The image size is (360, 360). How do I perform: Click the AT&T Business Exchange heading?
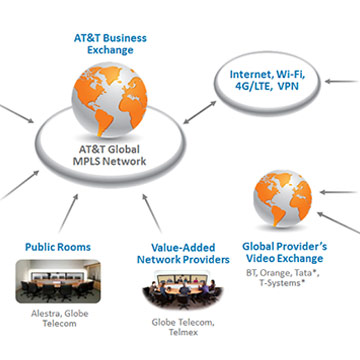coord(110,44)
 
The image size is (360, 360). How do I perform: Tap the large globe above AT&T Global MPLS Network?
coord(110,99)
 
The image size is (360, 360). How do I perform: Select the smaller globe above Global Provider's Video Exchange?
coord(282,199)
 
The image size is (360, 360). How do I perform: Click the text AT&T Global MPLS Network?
coord(109,155)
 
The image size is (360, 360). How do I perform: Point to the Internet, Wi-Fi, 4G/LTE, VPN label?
coord(267,80)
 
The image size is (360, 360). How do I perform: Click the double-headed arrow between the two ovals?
coord(199,113)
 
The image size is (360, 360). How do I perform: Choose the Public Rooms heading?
coord(58,247)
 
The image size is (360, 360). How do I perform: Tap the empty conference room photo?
coord(58,281)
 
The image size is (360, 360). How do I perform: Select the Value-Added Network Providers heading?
coord(183,253)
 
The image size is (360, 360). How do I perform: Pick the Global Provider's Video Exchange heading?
coord(284,252)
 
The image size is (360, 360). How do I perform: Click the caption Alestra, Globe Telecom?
coord(60,318)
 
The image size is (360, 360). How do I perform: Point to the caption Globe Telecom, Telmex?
coord(183,327)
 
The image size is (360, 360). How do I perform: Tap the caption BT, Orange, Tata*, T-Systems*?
coord(283,278)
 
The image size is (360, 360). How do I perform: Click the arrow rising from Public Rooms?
coord(69,213)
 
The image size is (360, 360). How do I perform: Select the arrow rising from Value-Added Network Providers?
coord(152,213)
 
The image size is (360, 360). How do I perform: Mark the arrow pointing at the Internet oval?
coord(342,81)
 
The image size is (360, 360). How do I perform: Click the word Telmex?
coord(183,332)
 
